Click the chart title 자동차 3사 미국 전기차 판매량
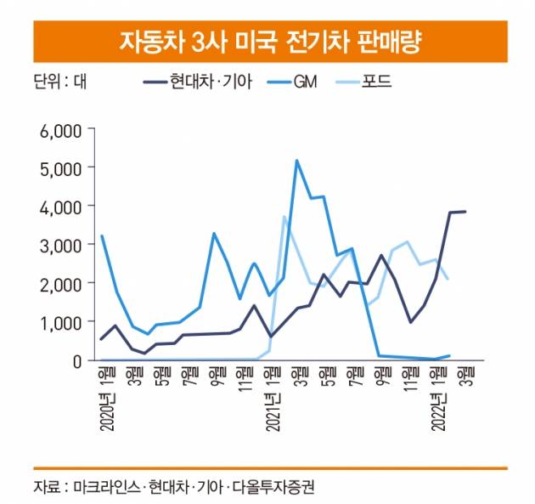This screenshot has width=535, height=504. (x=268, y=41)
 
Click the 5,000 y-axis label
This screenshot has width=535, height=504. (x=60, y=168)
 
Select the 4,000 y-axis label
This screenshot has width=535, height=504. (x=60, y=207)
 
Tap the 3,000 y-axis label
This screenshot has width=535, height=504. (x=60, y=245)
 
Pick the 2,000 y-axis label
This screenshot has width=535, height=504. (x=60, y=283)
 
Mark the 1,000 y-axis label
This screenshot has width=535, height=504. (x=60, y=321)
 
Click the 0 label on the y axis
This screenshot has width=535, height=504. (x=76, y=360)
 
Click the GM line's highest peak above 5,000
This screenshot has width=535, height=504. (x=296, y=161)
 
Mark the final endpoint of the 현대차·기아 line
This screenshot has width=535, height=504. (x=465, y=212)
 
